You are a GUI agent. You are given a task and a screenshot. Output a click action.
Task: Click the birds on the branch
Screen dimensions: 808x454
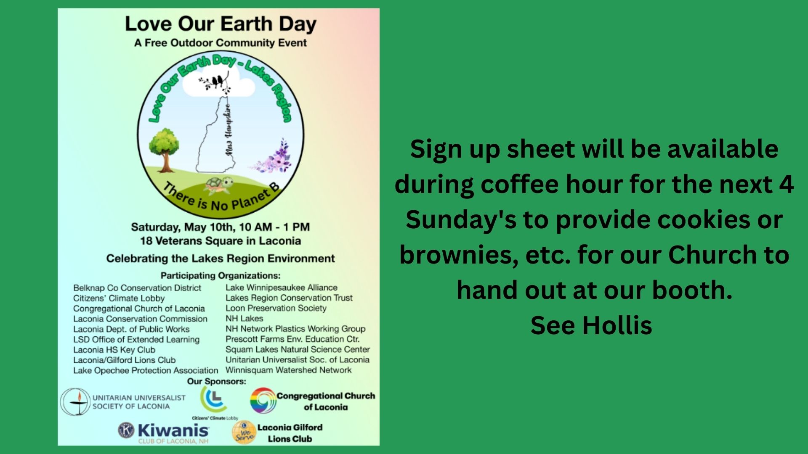[x=218, y=80]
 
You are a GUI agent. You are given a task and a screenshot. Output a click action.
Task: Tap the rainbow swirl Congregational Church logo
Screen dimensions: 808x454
[x=263, y=400]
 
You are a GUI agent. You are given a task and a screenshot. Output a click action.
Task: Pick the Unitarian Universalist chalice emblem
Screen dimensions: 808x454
[x=75, y=402]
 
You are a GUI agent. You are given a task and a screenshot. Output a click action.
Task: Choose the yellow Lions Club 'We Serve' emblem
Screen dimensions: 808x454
[x=244, y=432]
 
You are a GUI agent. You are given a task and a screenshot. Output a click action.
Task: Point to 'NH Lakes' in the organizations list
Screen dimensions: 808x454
[x=244, y=318]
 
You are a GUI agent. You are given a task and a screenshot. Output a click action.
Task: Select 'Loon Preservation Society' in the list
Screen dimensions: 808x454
[x=276, y=308]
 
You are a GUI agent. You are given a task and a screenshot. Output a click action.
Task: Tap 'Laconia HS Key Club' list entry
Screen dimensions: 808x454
[x=114, y=350]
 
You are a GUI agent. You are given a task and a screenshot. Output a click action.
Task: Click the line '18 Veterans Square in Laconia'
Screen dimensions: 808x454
[x=221, y=241]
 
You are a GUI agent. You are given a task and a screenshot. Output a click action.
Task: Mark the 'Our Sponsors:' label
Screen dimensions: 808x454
[x=217, y=381]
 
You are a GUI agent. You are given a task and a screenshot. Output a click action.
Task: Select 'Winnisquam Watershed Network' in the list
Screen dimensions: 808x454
[x=289, y=370]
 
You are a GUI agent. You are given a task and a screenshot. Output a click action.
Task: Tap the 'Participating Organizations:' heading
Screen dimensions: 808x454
[x=221, y=276]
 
